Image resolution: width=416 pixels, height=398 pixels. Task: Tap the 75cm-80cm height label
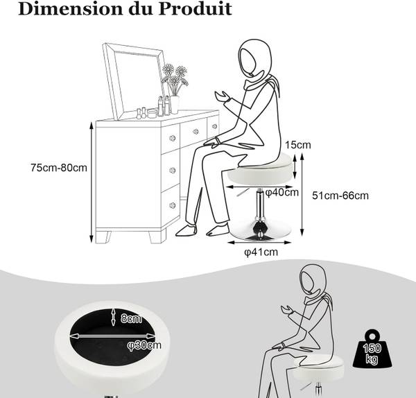click(x=59, y=168)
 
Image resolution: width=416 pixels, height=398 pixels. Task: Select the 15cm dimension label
click(x=297, y=145)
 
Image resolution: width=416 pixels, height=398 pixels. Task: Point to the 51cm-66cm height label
click(x=340, y=196)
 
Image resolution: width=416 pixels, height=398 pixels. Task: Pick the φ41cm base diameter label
click(x=261, y=252)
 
